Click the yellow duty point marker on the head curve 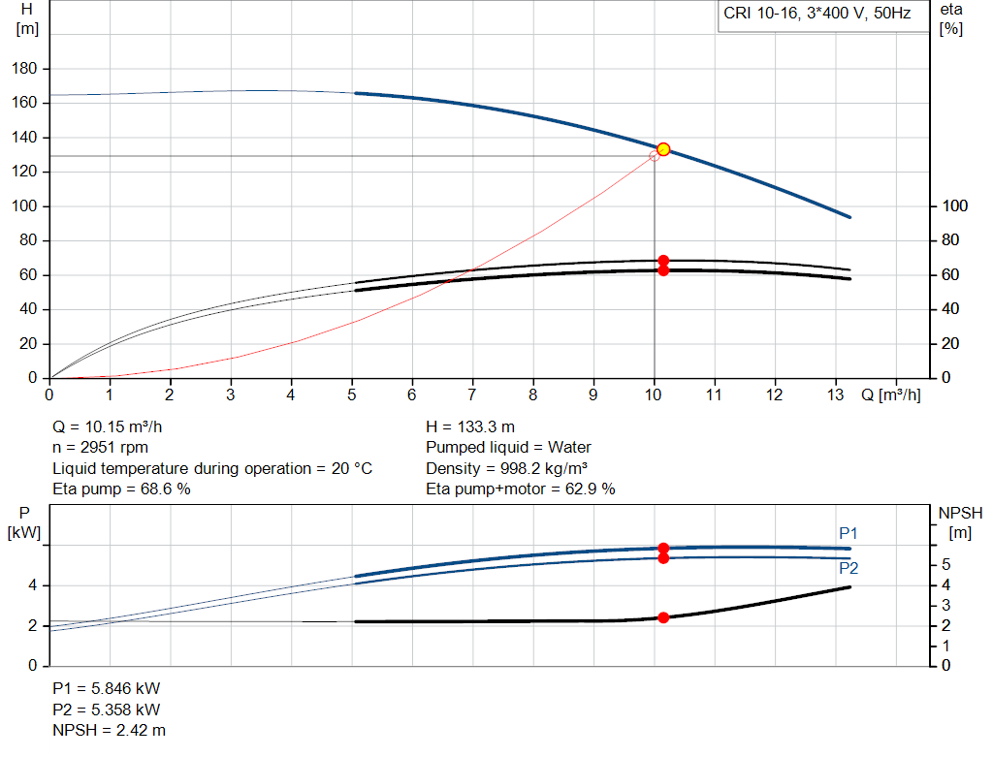pos(663,149)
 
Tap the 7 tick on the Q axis pos(472,394)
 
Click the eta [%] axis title pos(950,19)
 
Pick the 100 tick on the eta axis pos(956,206)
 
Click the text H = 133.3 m pos(470,426)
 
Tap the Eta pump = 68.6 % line pos(121,489)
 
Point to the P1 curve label pos(849,533)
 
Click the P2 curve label pos(849,569)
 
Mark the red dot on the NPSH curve pos(663,617)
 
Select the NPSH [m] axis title pos(955,523)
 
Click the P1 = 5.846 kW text pos(106,688)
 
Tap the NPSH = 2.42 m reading pos(109,730)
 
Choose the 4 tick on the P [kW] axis pos(32,585)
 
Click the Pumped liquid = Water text pos(508,448)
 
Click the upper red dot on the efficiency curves pos(663,261)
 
